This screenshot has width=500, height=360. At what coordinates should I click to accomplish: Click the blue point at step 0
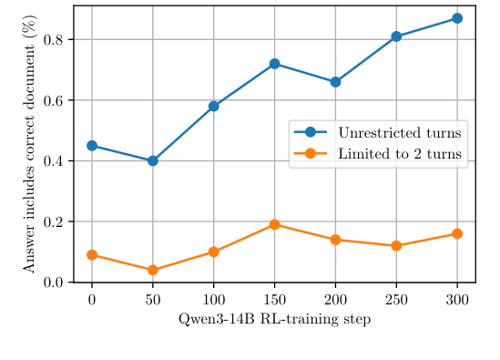(92, 146)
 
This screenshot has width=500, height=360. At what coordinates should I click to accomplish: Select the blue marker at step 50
(153, 160)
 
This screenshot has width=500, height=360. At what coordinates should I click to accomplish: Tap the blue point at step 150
(274, 64)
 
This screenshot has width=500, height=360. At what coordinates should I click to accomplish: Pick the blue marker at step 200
(335, 82)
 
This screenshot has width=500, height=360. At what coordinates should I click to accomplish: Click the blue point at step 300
(457, 18)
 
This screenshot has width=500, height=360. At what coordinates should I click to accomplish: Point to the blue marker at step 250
(396, 36)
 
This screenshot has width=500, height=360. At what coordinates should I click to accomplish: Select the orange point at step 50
(153, 270)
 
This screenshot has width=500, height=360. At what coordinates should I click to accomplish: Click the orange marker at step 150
(274, 224)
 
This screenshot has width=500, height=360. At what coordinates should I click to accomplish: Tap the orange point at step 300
(457, 233)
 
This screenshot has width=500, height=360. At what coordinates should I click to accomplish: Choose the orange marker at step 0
(92, 255)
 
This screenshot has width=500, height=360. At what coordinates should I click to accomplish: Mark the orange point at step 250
(396, 246)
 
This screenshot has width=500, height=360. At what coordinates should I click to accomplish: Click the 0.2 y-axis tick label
(56, 221)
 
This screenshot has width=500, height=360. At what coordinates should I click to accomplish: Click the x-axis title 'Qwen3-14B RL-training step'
(274, 319)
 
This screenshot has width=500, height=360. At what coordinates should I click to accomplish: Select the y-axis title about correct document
(30, 144)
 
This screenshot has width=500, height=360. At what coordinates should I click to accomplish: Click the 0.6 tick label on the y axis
(56, 100)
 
